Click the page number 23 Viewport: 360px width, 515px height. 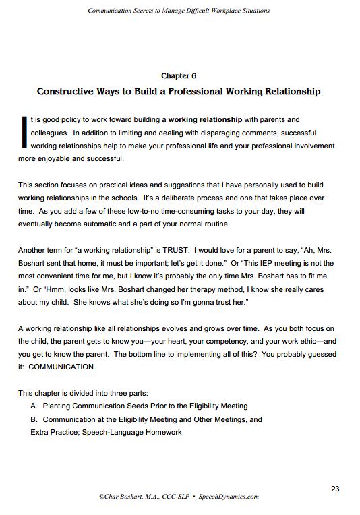click(x=335, y=488)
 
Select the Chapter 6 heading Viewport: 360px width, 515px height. click(x=179, y=76)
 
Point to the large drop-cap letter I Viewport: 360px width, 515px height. click(x=24, y=132)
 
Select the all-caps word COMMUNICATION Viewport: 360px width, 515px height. click(x=63, y=367)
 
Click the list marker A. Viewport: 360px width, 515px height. click(x=34, y=406)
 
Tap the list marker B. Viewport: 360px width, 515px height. click(x=34, y=419)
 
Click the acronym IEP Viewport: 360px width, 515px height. click(x=242, y=263)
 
